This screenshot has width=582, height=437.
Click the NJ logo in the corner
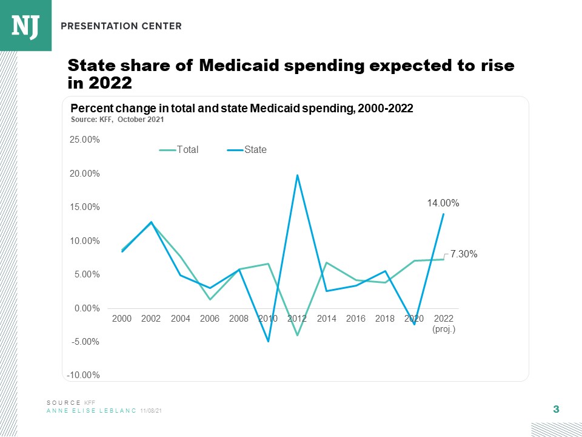(x=25, y=25)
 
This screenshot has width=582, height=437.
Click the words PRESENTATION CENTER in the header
(x=121, y=26)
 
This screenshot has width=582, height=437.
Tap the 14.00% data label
(x=443, y=204)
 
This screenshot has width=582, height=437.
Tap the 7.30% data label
(x=464, y=255)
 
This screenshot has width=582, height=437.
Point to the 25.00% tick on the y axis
(x=85, y=140)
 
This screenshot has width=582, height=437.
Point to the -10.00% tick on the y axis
(x=85, y=375)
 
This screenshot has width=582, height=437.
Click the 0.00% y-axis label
(x=87, y=308)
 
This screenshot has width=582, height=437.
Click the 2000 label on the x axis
(x=122, y=318)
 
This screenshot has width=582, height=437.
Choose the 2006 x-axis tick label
(x=210, y=318)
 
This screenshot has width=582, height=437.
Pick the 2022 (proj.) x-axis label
(x=444, y=323)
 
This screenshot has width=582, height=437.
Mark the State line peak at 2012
(x=297, y=175)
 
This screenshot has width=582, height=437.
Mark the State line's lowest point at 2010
(x=268, y=341)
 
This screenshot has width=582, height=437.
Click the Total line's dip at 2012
(x=297, y=335)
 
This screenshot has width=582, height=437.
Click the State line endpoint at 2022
(x=444, y=214)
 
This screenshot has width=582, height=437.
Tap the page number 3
(x=556, y=410)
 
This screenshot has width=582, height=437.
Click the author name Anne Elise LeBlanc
(x=92, y=411)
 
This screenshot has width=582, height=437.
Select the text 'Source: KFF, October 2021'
(x=118, y=120)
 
